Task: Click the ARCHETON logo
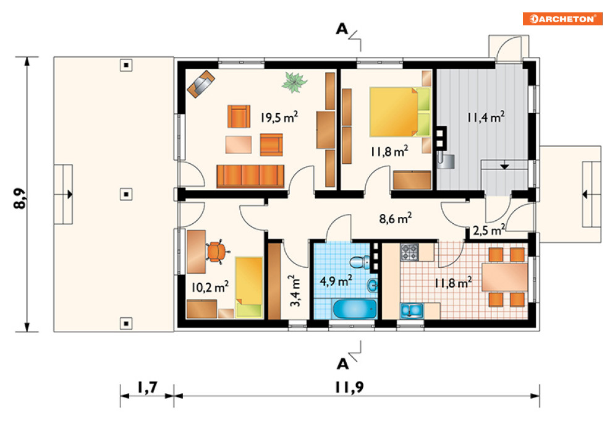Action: click(x=562, y=19)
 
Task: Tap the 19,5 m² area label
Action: click(x=279, y=117)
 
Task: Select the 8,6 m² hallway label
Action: click(x=396, y=218)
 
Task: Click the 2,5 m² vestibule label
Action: click(x=489, y=230)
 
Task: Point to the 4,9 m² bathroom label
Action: click(x=336, y=281)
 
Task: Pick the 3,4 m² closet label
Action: click(x=295, y=291)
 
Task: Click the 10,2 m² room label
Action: click(x=210, y=287)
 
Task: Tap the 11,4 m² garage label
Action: click(x=486, y=117)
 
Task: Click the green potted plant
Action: click(x=294, y=82)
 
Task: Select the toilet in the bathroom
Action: click(x=360, y=262)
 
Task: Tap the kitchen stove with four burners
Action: click(x=409, y=252)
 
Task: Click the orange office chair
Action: click(x=216, y=251)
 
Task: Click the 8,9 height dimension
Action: click(x=20, y=198)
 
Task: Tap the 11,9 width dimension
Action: click(x=349, y=388)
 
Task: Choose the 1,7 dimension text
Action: click(x=147, y=388)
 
